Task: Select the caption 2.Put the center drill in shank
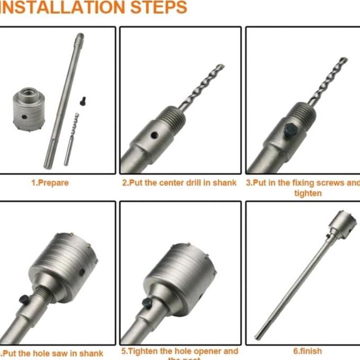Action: click(x=179, y=183)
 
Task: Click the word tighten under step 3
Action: click(x=307, y=193)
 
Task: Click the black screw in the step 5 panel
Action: click(x=147, y=302)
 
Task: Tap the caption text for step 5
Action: click(x=179, y=352)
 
